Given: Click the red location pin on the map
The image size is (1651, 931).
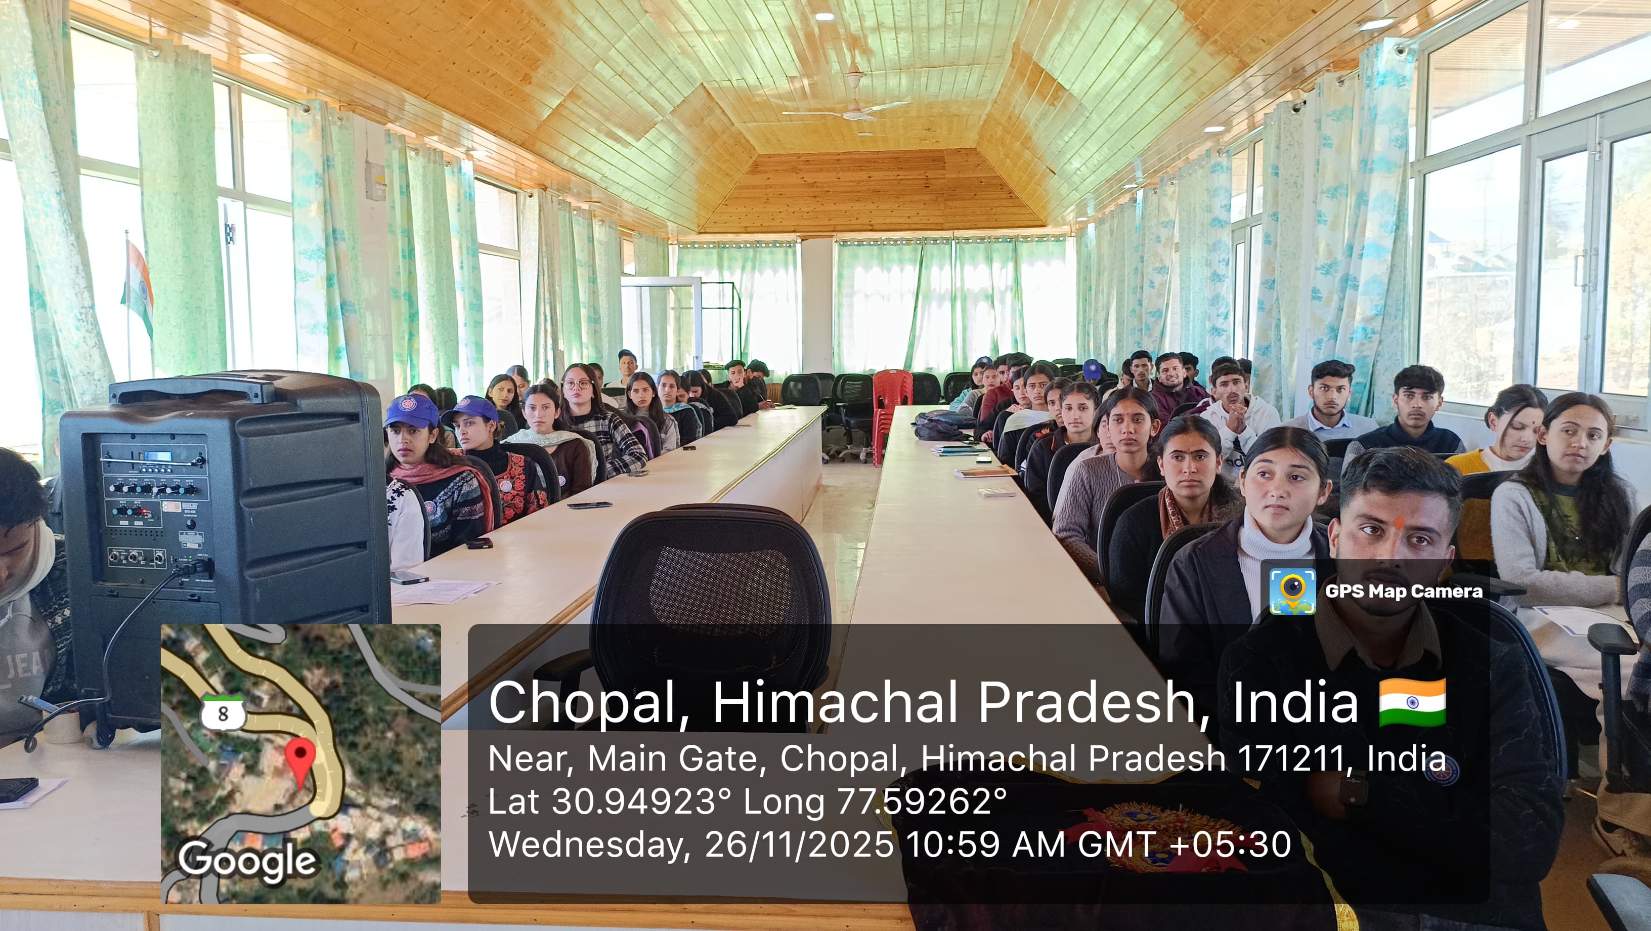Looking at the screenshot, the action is pos(299,760).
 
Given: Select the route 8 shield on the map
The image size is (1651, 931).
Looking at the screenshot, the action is pos(223,712).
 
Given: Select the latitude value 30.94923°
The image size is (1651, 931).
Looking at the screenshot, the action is pos(641,801).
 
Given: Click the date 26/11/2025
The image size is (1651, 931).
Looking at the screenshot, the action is pos(799,844).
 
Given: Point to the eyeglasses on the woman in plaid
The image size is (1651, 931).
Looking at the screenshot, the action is pos(577,385).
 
